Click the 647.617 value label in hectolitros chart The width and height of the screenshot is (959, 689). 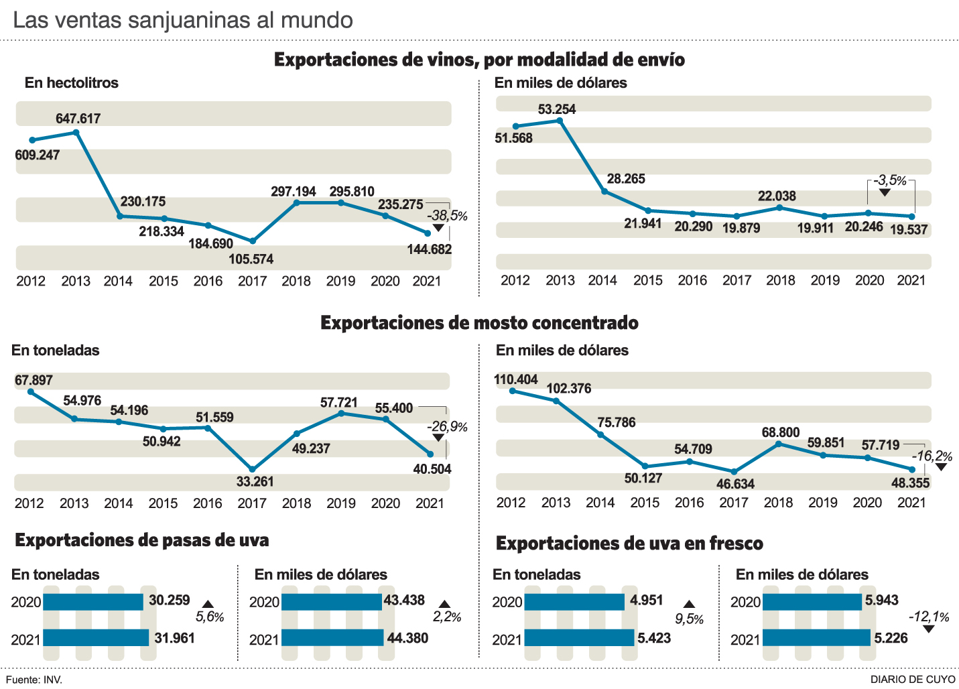coord(78,119)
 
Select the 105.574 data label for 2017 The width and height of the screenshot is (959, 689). coord(251,259)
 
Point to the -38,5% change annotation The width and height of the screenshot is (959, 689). coord(447,216)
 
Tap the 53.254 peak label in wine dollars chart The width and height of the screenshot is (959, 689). coord(557,109)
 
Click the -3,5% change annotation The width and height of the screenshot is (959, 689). coord(890,180)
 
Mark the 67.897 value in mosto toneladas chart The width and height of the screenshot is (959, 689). coord(34,380)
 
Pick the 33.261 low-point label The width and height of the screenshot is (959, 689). coord(255,481)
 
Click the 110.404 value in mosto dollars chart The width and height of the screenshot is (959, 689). coord(516,379)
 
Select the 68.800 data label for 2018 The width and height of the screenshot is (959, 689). coord(781,432)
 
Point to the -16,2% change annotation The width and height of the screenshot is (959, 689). coord(932,456)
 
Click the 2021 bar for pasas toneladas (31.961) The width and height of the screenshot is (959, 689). coord(96,637)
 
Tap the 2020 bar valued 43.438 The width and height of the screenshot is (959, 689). coord(331,602)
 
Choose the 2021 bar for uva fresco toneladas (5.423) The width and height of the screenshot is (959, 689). coord(579,637)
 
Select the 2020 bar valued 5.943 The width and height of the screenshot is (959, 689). coord(812,602)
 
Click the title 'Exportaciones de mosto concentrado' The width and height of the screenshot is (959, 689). coord(479,323)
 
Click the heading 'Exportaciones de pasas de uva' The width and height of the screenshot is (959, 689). coord(142,540)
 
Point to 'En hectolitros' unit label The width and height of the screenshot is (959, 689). coord(72,83)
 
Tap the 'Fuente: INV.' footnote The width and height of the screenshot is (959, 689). coord(34,680)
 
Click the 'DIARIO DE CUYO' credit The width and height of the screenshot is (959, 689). coord(913,680)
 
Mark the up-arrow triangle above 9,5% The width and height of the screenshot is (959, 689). coord(689,605)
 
